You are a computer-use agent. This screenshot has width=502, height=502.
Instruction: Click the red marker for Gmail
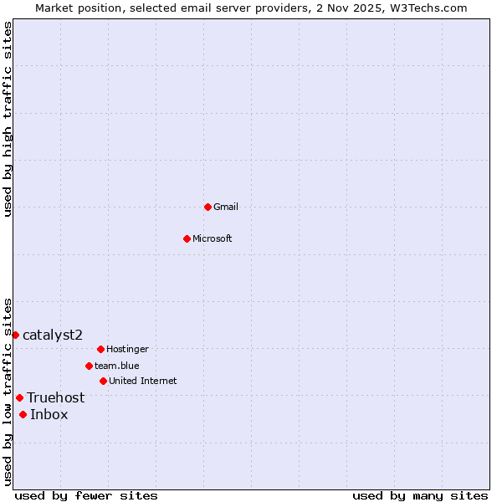click(207, 207)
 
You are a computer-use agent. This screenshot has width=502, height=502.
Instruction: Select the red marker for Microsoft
click(187, 238)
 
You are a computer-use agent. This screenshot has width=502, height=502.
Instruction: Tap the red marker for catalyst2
click(15, 335)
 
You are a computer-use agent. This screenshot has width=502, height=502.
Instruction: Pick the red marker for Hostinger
click(100, 349)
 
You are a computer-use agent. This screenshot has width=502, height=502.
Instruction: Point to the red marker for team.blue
click(89, 366)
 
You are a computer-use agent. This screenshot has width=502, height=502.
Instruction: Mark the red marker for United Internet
click(103, 381)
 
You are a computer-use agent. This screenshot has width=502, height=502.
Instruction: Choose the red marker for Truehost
click(19, 397)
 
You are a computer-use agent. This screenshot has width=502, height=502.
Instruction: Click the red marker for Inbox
click(23, 414)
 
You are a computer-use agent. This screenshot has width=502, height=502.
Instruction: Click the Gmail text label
click(226, 207)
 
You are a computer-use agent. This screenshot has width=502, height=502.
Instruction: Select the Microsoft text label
click(213, 238)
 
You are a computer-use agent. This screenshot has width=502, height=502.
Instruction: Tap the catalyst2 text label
click(53, 335)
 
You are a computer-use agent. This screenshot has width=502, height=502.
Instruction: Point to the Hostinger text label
click(127, 349)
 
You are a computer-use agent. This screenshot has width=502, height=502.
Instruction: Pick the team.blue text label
click(117, 366)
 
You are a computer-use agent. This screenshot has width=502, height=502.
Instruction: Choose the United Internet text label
click(143, 381)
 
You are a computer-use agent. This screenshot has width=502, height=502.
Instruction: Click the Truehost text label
click(56, 397)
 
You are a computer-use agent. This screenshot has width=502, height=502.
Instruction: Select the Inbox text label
click(49, 414)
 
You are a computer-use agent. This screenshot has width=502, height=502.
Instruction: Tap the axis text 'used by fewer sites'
click(86, 495)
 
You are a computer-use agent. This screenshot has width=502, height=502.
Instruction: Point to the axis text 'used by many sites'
click(420, 495)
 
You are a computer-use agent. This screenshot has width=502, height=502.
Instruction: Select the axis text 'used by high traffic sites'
click(8, 119)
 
